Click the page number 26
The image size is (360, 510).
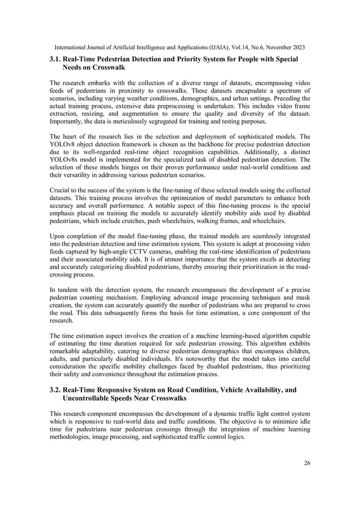(x=306, y=463)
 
